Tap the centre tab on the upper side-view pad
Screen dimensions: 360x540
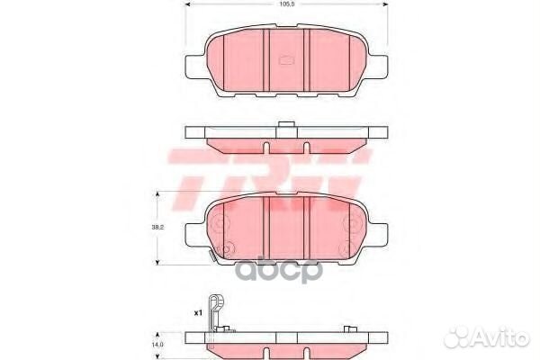[x=286, y=124]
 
